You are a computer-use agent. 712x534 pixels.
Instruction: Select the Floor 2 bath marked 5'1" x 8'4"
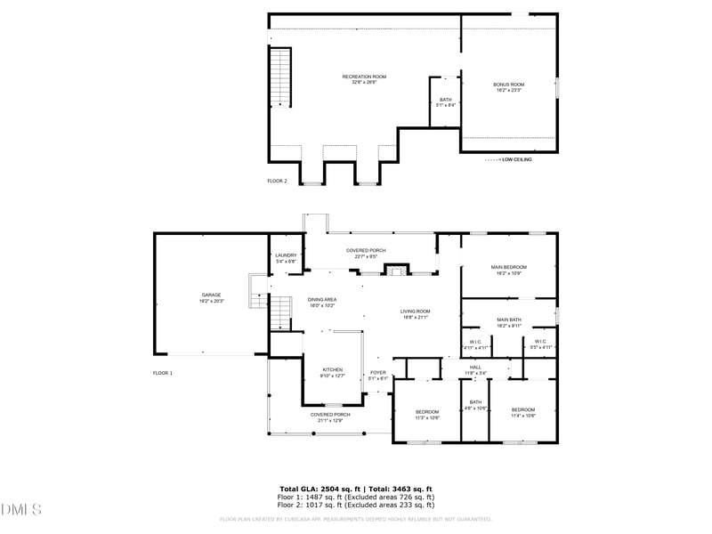pyautogui.click(x=445, y=102)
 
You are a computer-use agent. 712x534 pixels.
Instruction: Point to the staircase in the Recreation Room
pyautogui.click(x=280, y=77)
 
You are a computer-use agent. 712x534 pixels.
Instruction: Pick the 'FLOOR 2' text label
pyautogui.click(x=278, y=181)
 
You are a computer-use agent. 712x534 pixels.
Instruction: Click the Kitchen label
pyautogui.click(x=331, y=372)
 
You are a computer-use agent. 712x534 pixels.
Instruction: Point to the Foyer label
pyautogui.click(x=378, y=376)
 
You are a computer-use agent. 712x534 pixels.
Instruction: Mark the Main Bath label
pyautogui.click(x=508, y=322)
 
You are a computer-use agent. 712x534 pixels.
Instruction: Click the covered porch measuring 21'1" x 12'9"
pyautogui.click(x=330, y=417)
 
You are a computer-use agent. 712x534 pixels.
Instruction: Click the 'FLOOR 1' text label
pyautogui.click(x=162, y=373)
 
